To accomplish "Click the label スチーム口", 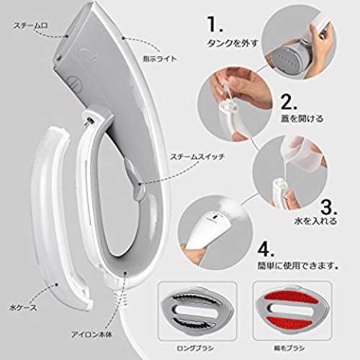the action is coord(30,25).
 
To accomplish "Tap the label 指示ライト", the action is coord(160,59).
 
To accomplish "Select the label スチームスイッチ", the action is coord(197,157).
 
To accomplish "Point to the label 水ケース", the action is coord(23,307).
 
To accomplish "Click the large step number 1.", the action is coord(215,24).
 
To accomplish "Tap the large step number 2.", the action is coord(289,102).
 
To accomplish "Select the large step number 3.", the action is coord(329,207).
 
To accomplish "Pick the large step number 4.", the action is coord(266,250).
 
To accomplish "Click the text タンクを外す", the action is coord(233,43).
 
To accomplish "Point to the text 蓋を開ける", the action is coord(302,118).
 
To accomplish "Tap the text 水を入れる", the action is coord(315,221).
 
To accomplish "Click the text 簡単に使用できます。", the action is coord(298,266).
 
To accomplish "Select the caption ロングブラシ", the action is coord(195,348).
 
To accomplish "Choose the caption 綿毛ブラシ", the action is coord(289,348).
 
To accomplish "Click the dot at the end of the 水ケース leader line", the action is coord(57,284).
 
